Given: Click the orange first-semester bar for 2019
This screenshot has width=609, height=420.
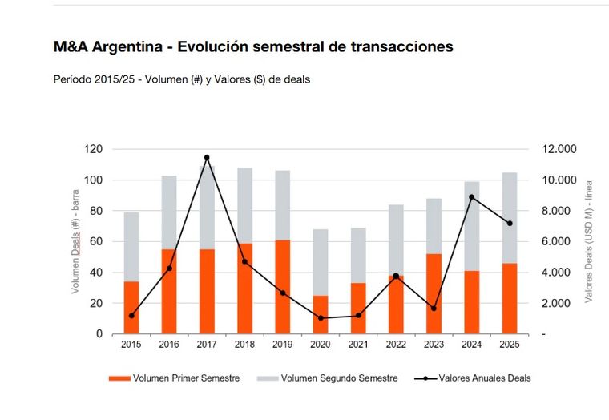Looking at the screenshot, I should pyautogui.click(x=282, y=286).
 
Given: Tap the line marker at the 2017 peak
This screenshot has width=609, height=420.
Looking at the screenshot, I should pyautogui.click(x=207, y=157).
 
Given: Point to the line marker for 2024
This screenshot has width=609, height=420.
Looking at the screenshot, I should pyautogui.click(x=471, y=197).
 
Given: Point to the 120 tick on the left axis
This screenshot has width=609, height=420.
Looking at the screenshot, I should pyautogui.click(x=95, y=149).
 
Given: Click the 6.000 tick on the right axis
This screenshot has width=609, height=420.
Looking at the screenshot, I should pyautogui.click(x=558, y=241).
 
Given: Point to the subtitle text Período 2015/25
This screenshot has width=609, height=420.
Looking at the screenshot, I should pyautogui.click(x=99, y=79).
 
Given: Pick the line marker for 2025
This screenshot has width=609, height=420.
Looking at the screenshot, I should pyautogui.click(x=509, y=224).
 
